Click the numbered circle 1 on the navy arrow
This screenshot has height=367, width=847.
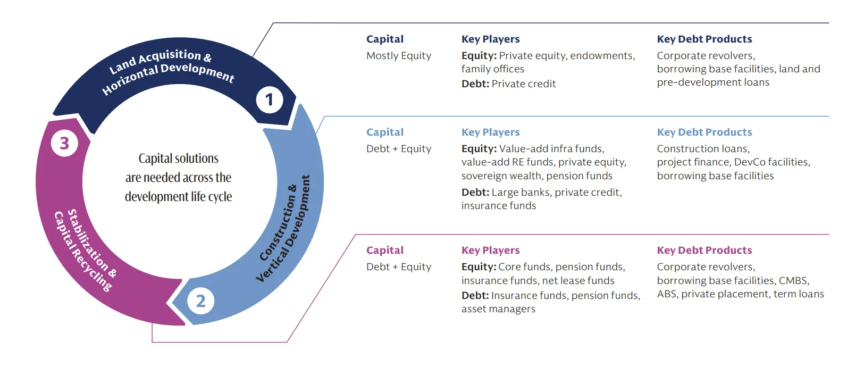[269, 99]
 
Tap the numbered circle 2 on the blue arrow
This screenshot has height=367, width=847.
[200, 301]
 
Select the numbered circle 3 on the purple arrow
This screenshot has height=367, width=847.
[64, 143]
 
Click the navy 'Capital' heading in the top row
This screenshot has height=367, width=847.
[384, 39]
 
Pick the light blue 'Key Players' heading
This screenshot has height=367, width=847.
[490, 132]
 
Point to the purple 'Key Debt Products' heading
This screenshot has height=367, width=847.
[704, 250]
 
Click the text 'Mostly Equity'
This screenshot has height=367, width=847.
[398, 55]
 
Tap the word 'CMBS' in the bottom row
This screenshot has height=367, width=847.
[793, 280]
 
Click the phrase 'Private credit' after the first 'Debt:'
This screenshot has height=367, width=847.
[524, 84]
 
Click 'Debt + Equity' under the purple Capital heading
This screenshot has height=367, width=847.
[398, 267]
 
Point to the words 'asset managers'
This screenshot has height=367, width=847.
[498, 309]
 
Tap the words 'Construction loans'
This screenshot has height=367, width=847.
[702, 149]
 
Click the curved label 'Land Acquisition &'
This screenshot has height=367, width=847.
[160, 61]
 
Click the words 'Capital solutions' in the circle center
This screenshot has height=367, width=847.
[178, 159]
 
